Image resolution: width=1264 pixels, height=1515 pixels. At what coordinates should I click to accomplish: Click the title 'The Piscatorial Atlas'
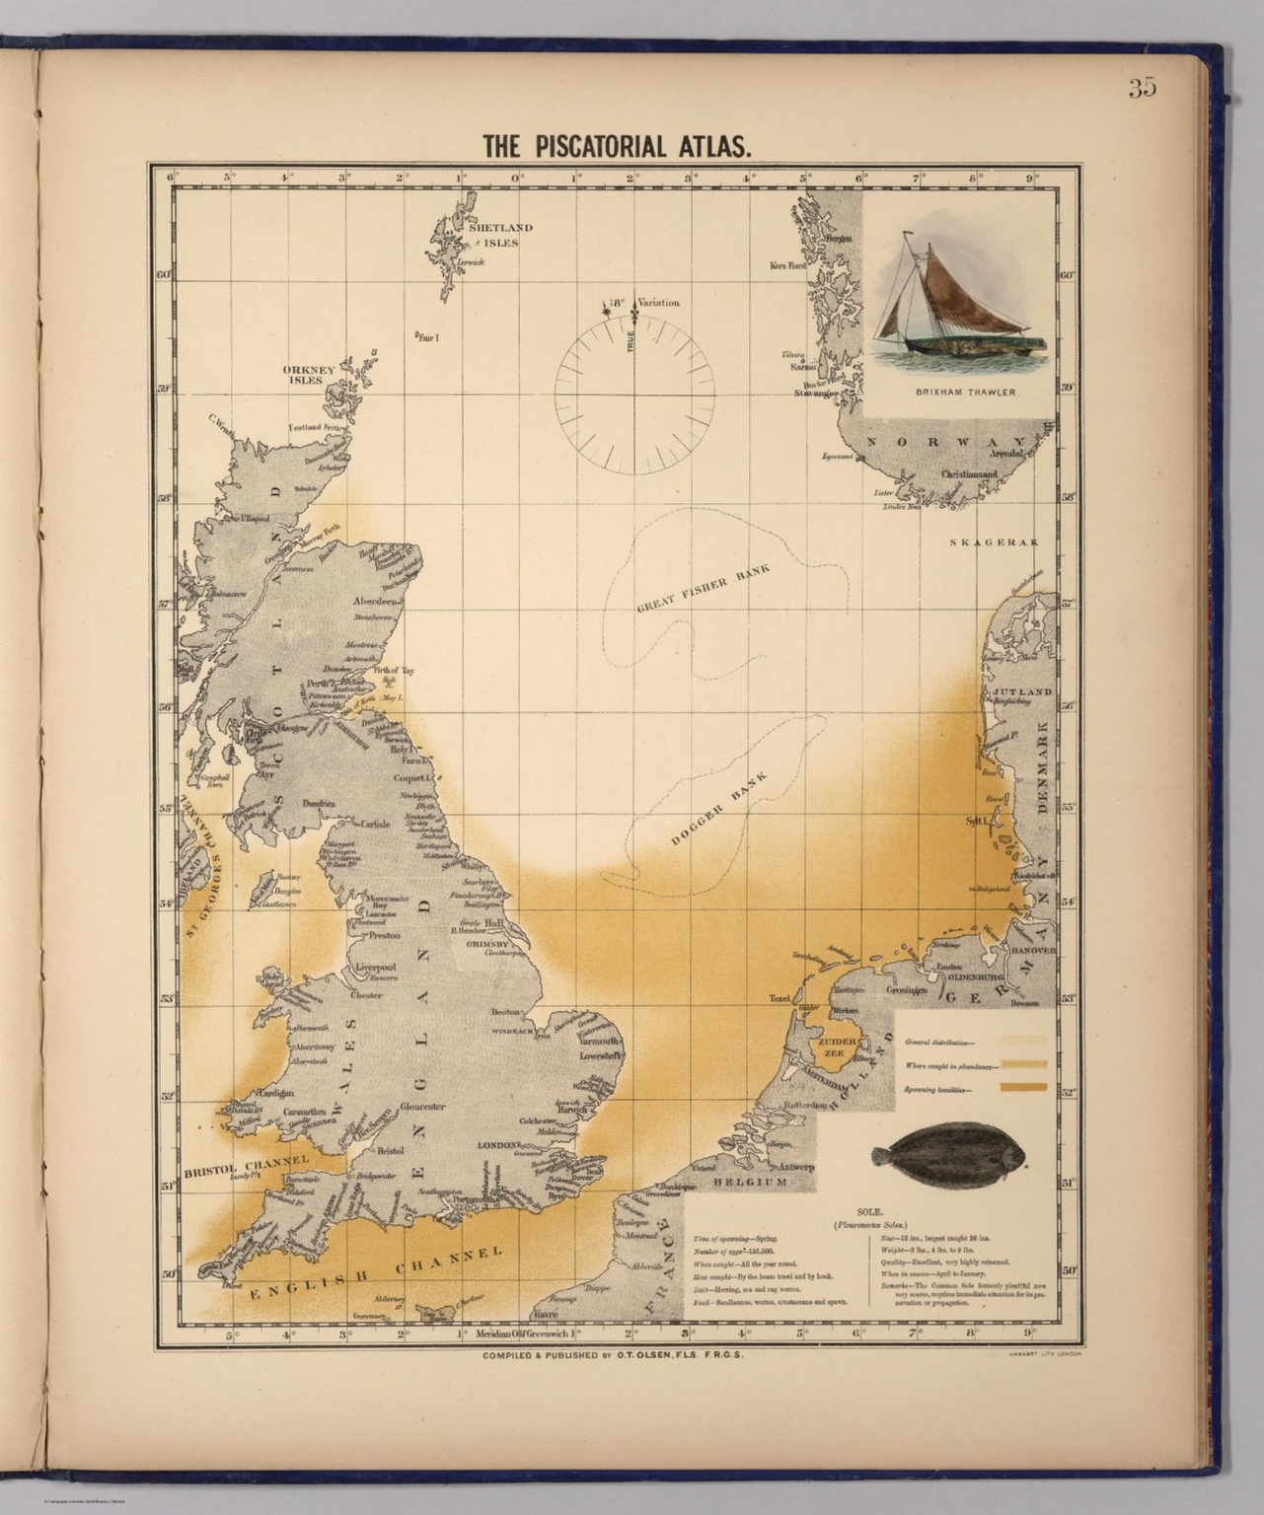coord(618,146)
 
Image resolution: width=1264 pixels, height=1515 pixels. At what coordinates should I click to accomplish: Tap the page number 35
coord(1142,88)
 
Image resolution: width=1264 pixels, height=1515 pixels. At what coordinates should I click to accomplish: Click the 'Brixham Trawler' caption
coord(964,392)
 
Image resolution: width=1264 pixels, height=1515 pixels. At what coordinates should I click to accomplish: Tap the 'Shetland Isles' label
coord(500,234)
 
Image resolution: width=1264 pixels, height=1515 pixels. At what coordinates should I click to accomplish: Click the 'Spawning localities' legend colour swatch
coord(1022,1088)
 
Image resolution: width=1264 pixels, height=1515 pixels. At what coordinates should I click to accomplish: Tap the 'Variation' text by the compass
coord(658,303)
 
